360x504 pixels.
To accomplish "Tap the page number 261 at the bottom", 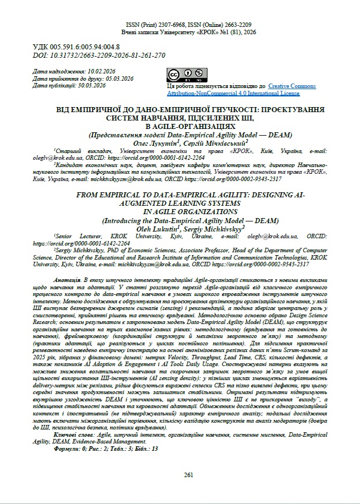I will (x=188, y=475).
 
